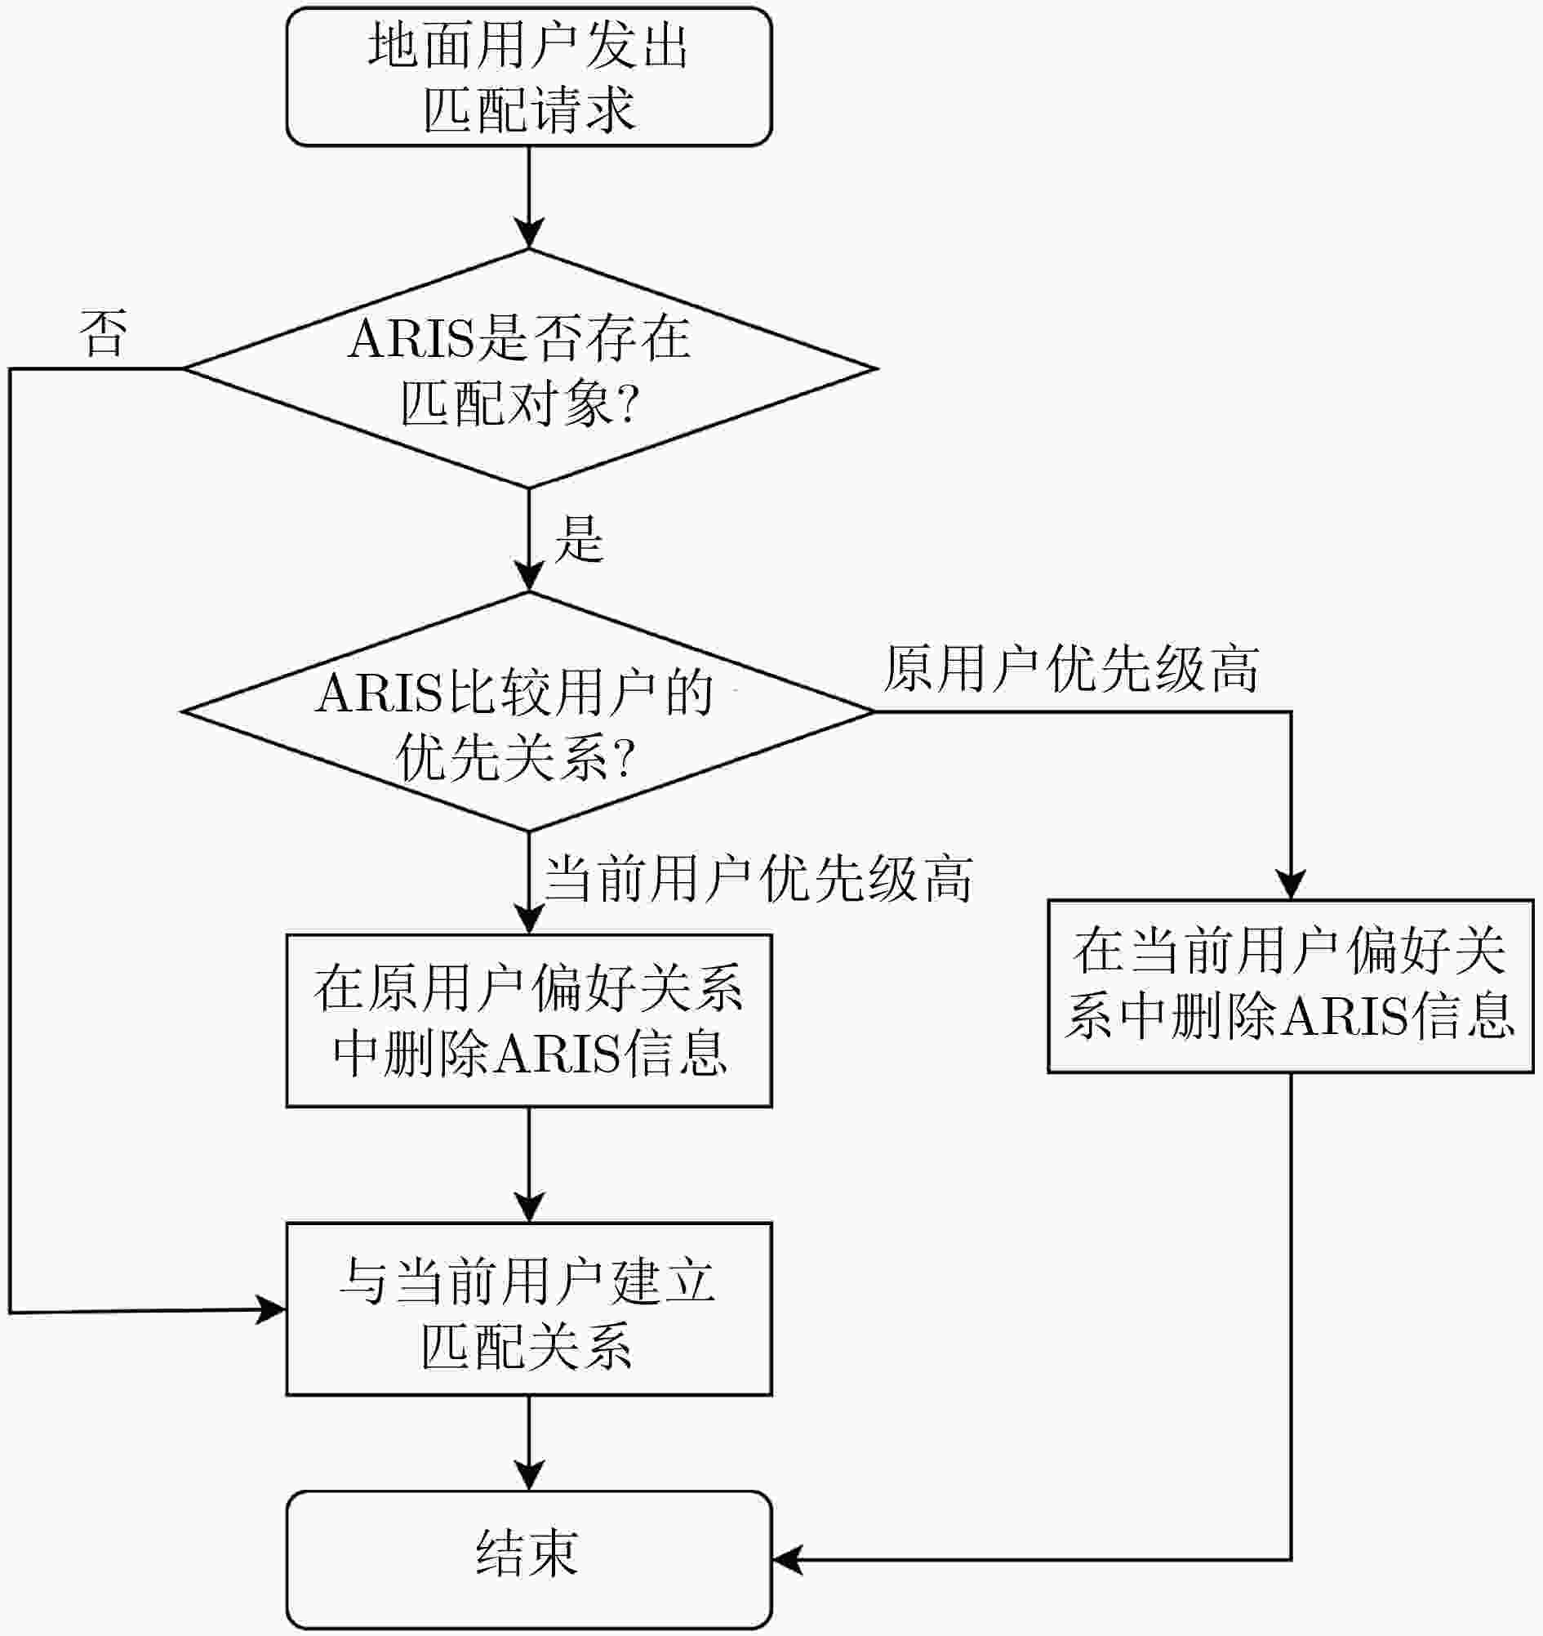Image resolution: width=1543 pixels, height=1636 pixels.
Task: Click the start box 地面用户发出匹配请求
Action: pos(528,78)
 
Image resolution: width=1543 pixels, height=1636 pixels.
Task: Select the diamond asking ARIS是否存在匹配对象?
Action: pos(528,368)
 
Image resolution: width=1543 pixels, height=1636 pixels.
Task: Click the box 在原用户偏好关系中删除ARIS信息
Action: pos(528,1019)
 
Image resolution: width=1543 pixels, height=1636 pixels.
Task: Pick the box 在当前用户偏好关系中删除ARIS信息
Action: pos(1290,985)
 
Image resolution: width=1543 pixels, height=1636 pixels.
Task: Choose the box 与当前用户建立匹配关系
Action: pos(528,1308)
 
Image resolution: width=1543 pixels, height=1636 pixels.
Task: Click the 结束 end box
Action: pos(528,1558)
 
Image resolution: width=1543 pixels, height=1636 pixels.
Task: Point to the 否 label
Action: pos(104,333)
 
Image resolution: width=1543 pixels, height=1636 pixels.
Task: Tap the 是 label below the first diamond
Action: pos(579,539)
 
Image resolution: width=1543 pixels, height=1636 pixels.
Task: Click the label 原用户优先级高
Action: pos(1071,668)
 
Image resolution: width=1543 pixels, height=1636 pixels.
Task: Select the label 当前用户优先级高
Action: pos(758,879)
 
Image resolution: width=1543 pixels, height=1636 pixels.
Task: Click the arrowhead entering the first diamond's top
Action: pos(528,234)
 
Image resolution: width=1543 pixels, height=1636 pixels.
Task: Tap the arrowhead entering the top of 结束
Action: pos(528,1475)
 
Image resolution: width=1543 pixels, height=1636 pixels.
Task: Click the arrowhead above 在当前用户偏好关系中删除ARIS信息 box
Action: pos(1290,884)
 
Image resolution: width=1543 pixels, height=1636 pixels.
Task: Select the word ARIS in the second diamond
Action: pos(379,693)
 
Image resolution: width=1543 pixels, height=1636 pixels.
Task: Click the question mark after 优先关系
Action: pos(625,758)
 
